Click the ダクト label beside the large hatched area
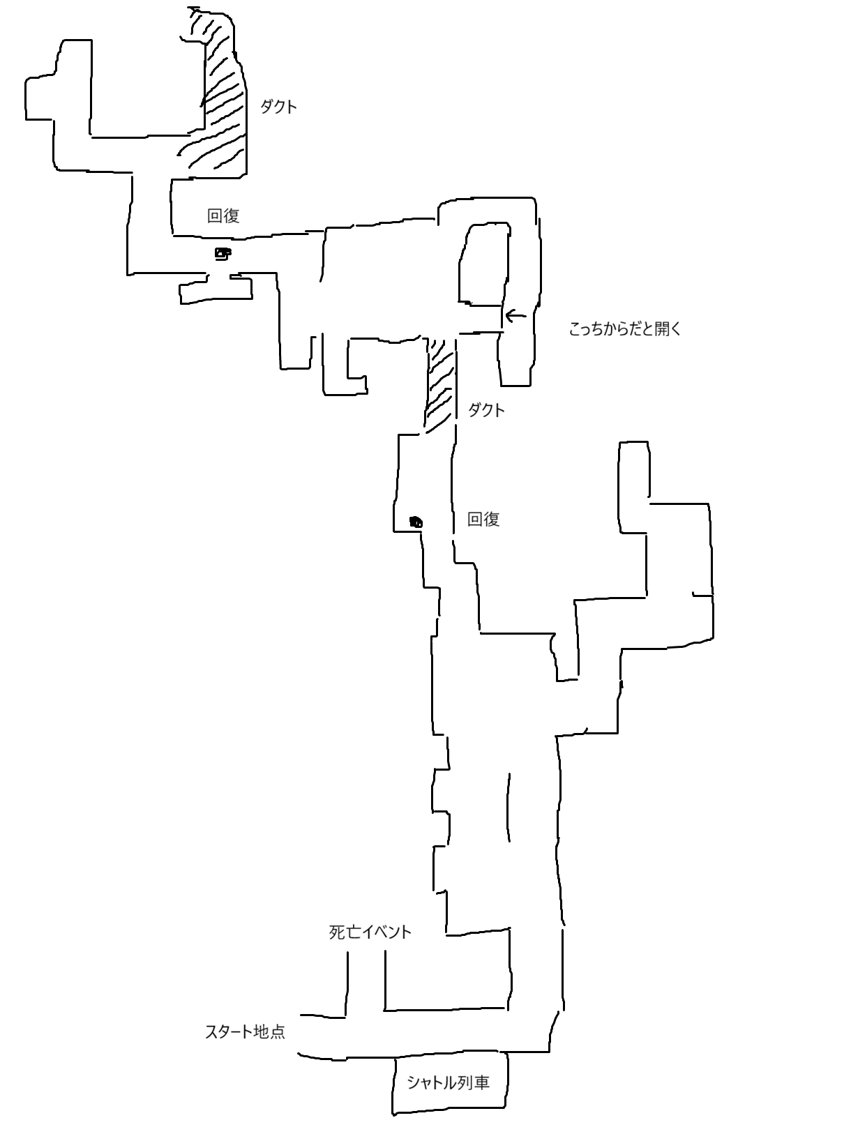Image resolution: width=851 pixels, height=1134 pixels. tap(278, 107)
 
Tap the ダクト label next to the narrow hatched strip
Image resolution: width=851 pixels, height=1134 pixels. tap(486, 410)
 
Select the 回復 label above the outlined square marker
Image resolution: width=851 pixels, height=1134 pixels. tap(223, 216)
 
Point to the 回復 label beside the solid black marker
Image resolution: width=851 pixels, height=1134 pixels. tap(483, 519)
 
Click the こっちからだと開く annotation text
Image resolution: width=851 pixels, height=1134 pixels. tap(625, 328)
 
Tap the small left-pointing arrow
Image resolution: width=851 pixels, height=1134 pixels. tap(515, 315)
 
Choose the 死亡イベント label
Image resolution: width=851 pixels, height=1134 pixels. tap(370, 932)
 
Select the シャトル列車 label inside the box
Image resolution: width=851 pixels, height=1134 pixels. tap(448, 1082)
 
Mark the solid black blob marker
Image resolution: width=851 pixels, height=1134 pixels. tap(416, 522)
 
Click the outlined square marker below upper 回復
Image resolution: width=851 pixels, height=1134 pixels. tap(223, 253)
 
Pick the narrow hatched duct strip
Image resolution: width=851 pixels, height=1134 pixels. tap(441, 385)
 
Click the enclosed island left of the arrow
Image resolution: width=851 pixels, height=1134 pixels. tap(483, 264)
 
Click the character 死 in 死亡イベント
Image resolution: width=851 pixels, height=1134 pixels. tap(337, 932)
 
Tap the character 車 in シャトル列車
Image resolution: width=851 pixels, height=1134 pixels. tap(481, 1082)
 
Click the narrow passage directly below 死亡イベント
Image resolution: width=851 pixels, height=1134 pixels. tap(366, 981)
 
